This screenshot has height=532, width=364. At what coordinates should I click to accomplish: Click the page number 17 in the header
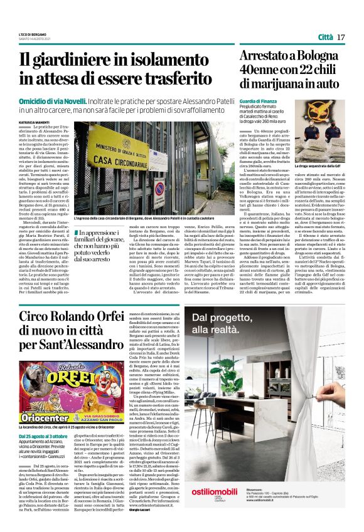coord(341,37)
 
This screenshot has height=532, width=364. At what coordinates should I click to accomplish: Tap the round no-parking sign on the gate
coord(159,187)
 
